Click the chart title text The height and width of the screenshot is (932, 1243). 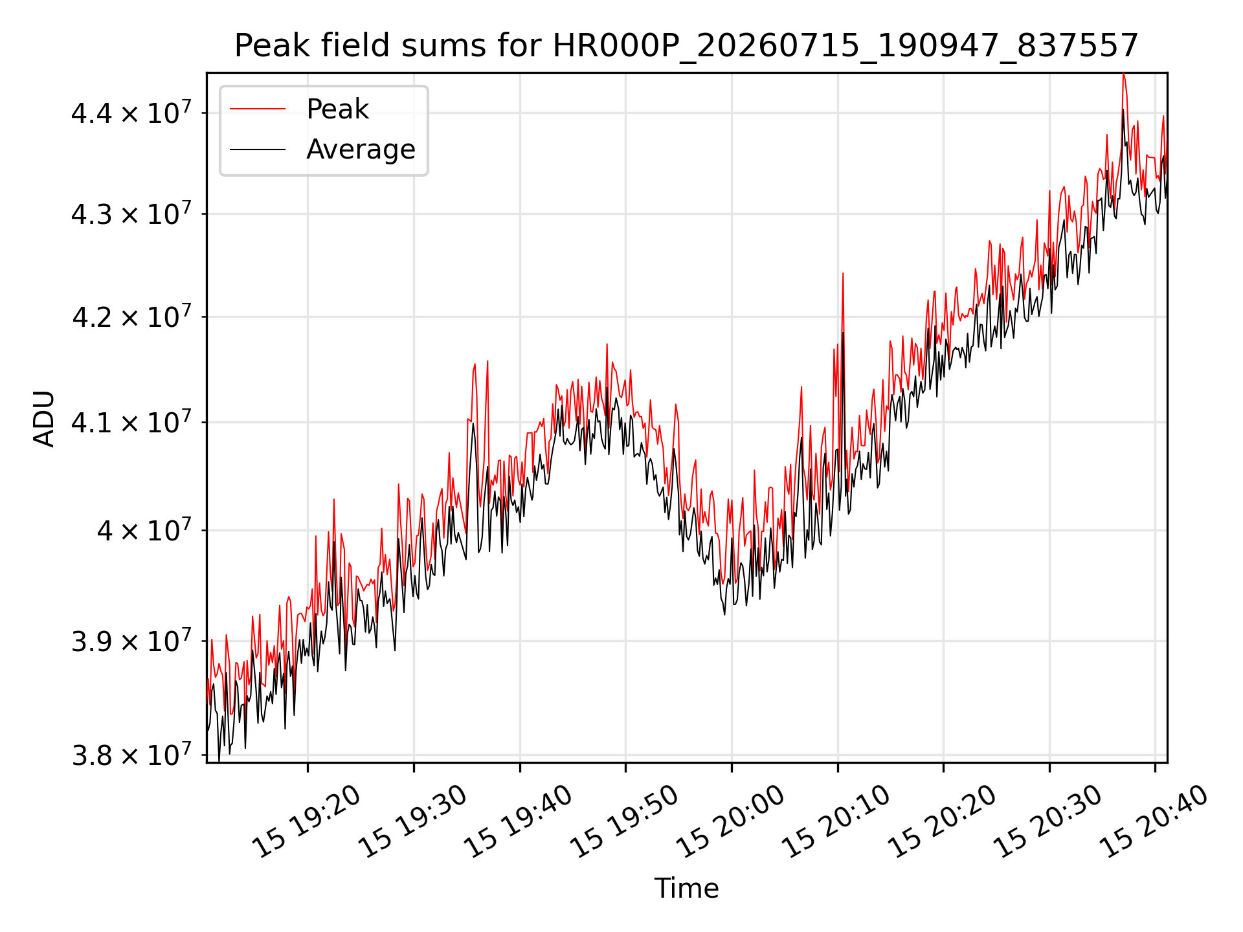pyautogui.click(x=686, y=46)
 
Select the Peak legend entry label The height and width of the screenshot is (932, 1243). pyautogui.click(x=337, y=109)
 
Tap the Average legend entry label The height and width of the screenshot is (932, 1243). pyautogui.click(x=361, y=149)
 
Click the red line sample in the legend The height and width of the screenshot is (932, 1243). pyautogui.click(x=258, y=109)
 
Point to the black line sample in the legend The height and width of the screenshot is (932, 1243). pyautogui.click(x=258, y=150)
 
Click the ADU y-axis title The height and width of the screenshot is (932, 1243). pyautogui.click(x=45, y=418)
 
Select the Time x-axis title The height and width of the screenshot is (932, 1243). pyautogui.click(x=686, y=888)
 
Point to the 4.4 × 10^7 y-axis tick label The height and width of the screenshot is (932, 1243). pyautogui.click(x=131, y=112)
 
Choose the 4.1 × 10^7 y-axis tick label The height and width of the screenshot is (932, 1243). pyautogui.click(x=131, y=422)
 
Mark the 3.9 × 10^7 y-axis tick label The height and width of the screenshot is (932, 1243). pyautogui.click(x=131, y=641)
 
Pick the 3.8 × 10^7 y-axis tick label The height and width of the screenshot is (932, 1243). pyautogui.click(x=131, y=754)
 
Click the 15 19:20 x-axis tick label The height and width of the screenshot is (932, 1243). pyautogui.click(x=306, y=822)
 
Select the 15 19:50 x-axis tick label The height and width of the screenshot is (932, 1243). pyautogui.click(x=624, y=822)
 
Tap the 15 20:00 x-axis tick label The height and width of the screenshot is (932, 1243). pyautogui.click(x=730, y=822)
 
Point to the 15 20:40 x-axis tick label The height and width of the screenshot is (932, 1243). pyautogui.click(x=1154, y=822)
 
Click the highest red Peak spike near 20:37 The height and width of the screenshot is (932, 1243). pyautogui.click(x=1123, y=75)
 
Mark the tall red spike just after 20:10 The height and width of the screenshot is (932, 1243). pyautogui.click(x=842, y=274)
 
